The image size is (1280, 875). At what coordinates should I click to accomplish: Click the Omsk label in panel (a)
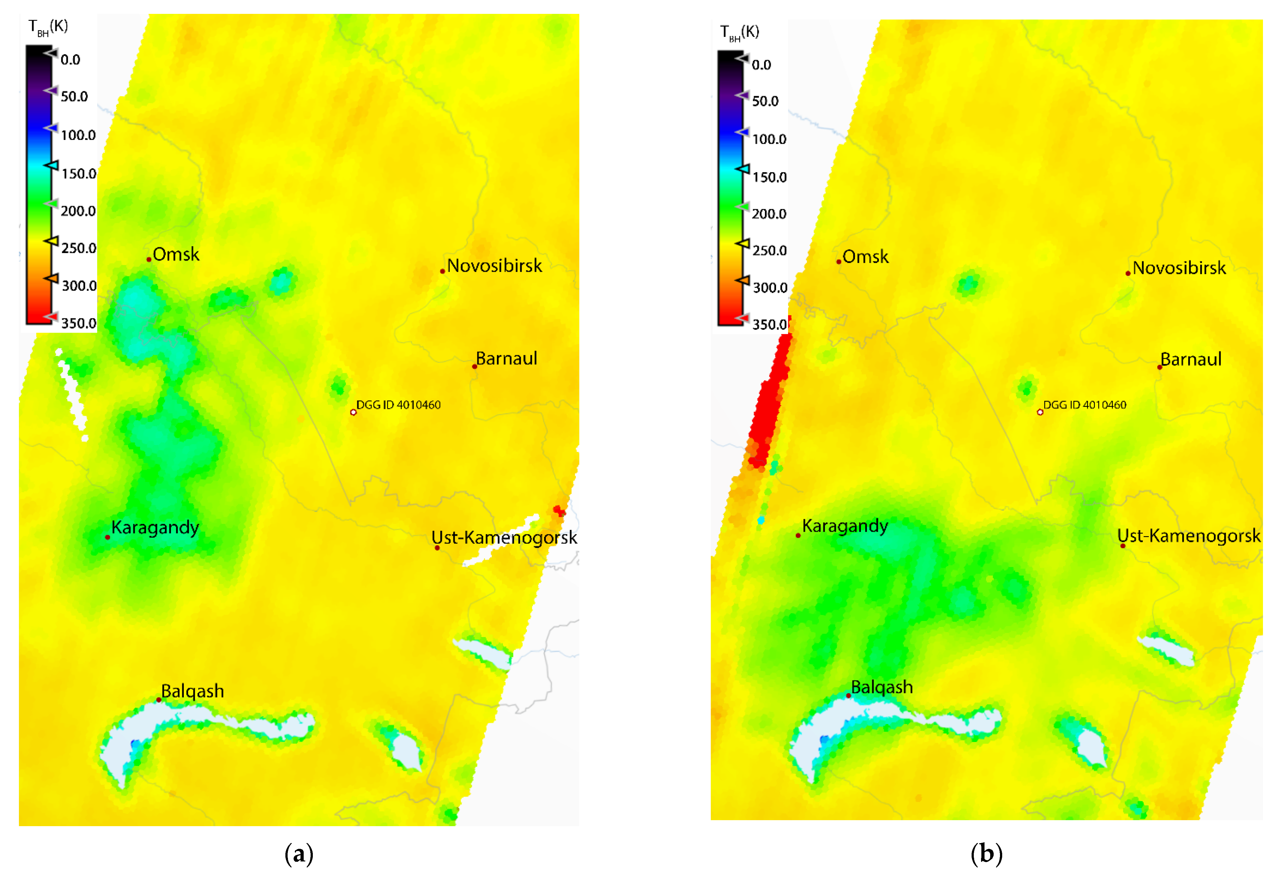point(176,254)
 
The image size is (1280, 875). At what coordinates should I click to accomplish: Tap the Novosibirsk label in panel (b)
point(1179,268)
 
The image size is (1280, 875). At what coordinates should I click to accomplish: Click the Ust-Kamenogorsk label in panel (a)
point(504,537)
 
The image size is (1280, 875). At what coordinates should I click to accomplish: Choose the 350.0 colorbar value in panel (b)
point(769,324)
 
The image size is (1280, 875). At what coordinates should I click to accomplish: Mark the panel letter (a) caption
point(299,854)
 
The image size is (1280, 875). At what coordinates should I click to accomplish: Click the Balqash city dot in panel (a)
point(159,700)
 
